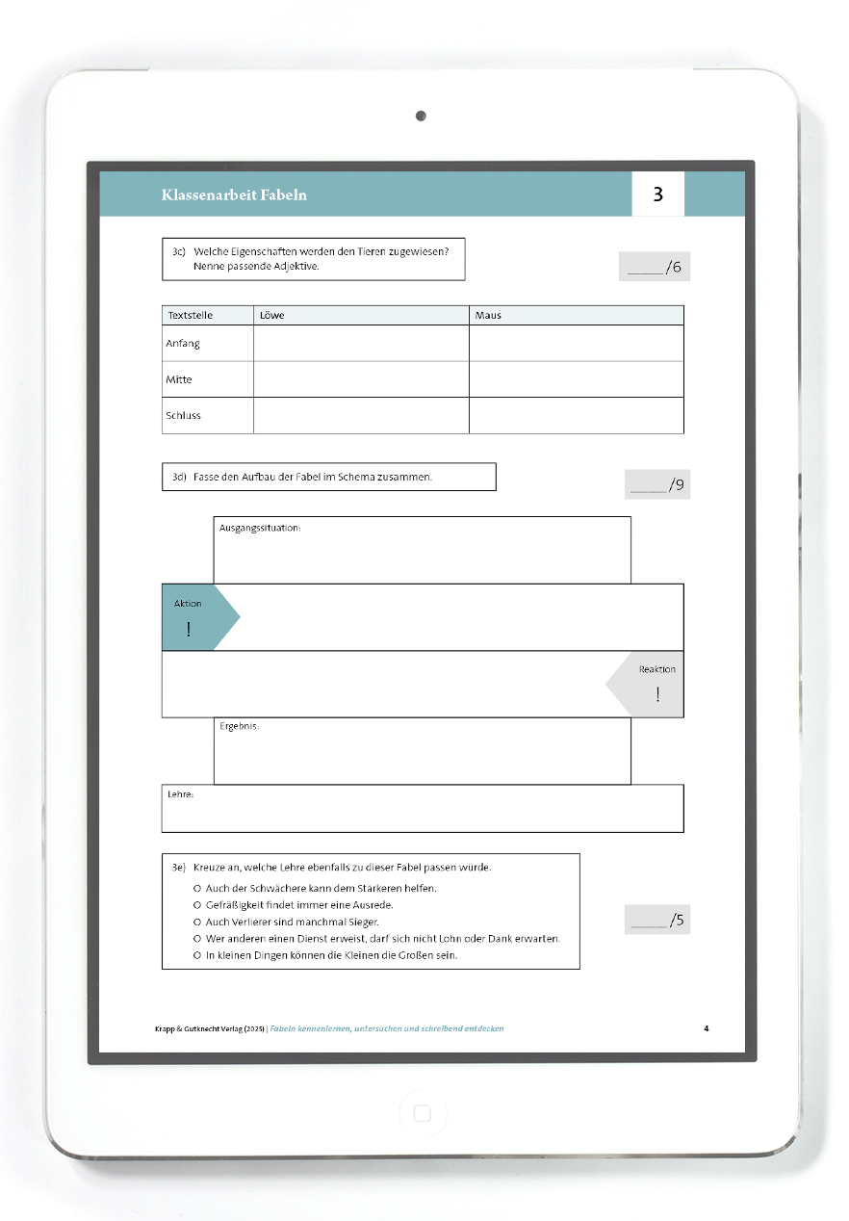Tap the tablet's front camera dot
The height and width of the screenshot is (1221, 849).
click(x=421, y=116)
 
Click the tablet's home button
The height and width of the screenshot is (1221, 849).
click(x=422, y=1114)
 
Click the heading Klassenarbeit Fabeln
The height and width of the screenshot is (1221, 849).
click(x=234, y=195)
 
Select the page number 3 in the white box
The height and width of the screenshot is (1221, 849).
click(x=658, y=194)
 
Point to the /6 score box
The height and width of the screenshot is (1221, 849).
click(x=655, y=267)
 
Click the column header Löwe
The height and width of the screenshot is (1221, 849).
click(x=272, y=315)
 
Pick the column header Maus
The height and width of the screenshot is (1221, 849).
click(x=488, y=315)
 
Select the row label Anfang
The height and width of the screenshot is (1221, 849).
click(x=183, y=344)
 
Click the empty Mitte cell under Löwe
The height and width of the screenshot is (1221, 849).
click(x=361, y=379)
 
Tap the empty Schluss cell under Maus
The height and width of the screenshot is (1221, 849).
click(x=576, y=416)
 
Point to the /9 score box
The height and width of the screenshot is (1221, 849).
click(x=657, y=484)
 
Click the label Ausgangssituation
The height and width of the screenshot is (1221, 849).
click(x=260, y=528)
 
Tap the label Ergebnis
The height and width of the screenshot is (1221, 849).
click(x=239, y=726)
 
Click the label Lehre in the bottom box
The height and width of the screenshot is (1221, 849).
click(x=181, y=794)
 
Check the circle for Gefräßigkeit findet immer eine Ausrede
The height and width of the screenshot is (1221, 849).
click(x=197, y=905)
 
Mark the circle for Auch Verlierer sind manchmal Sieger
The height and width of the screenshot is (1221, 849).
click(x=197, y=922)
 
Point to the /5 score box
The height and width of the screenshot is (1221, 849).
click(x=657, y=920)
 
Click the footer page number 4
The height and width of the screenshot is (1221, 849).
click(x=707, y=1028)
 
